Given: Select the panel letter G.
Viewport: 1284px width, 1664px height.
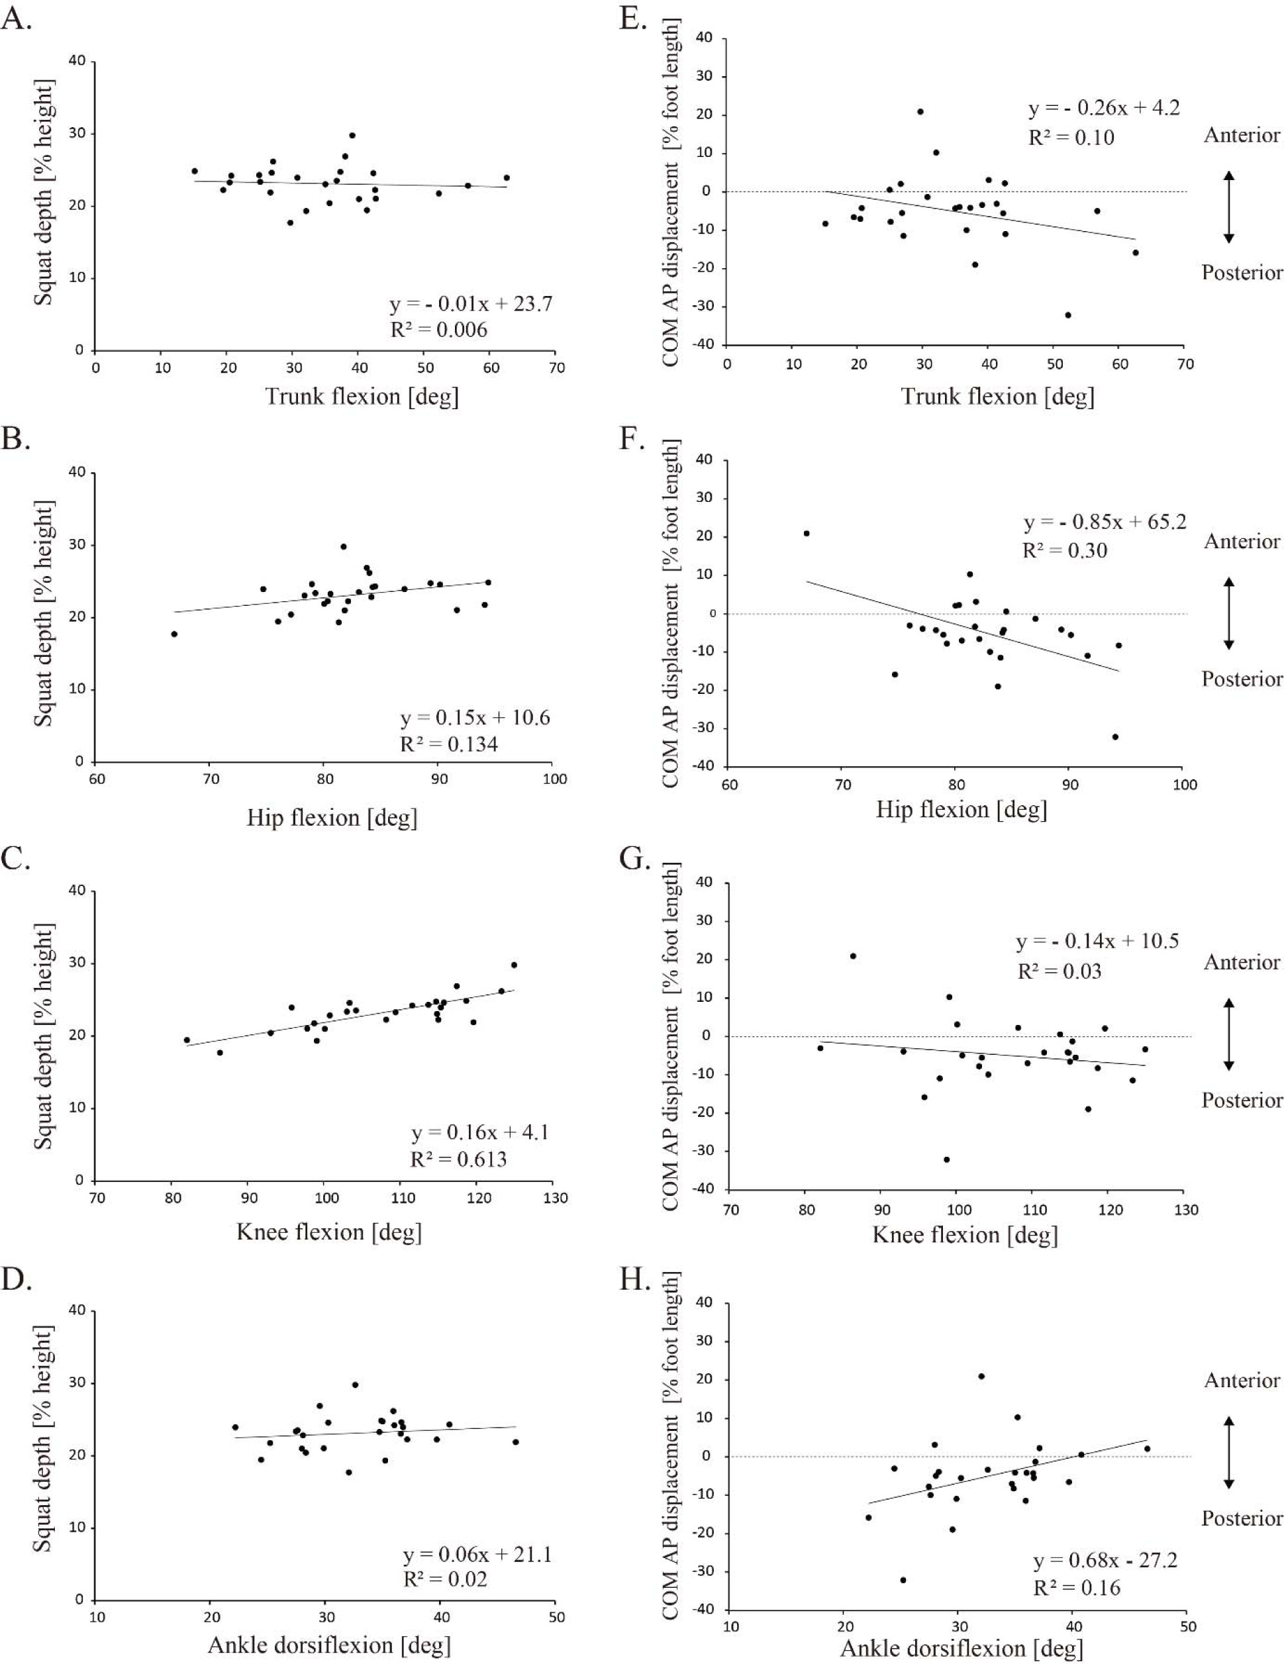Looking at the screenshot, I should [x=634, y=859].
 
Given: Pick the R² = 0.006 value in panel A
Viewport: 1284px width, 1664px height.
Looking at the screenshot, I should [x=439, y=329].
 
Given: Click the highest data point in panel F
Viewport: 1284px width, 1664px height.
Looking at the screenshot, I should [x=806, y=533].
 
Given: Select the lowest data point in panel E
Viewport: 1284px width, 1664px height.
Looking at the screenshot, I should [x=1067, y=315].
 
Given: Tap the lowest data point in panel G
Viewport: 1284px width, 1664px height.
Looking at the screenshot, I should [x=946, y=1159].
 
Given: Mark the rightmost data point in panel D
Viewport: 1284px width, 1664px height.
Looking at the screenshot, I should [x=515, y=1442].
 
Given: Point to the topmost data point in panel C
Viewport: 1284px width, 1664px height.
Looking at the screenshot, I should [x=514, y=965].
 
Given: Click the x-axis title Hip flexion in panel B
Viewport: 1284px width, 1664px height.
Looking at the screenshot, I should [x=332, y=818].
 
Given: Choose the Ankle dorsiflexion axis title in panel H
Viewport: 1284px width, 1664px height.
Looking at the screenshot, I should [x=960, y=1649].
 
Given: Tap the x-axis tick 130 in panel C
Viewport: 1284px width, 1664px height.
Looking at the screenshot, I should [x=556, y=1199].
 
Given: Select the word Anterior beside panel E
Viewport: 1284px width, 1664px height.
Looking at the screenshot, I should [x=1242, y=136].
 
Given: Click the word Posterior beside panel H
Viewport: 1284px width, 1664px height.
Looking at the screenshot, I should [x=1242, y=1518].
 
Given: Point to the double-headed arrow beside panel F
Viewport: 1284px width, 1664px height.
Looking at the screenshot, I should [x=1228, y=614].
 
